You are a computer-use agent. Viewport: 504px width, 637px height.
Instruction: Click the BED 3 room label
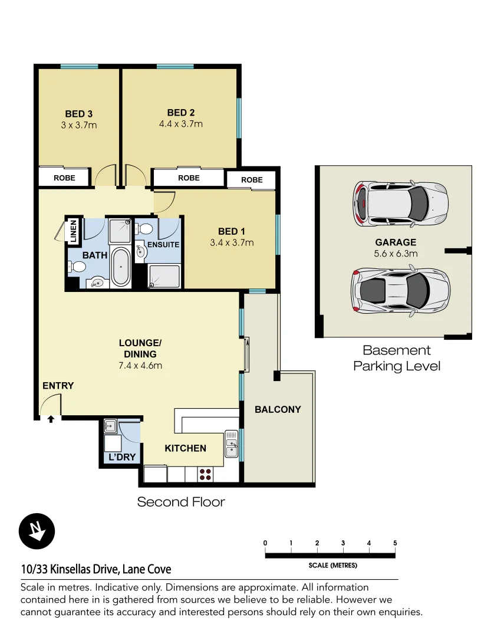[x=78, y=114]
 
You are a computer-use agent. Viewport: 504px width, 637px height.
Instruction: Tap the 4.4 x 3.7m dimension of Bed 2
[x=180, y=124]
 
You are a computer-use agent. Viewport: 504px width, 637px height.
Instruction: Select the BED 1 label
[x=232, y=231]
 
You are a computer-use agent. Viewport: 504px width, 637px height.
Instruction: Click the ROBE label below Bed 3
[x=64, y=177]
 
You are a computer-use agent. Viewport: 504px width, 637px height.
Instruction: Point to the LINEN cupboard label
[x=73, y=231]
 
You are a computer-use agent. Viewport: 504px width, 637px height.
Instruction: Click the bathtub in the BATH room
[x=121, y=267]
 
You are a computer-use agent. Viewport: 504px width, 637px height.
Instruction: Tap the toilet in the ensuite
[x=146, y=228]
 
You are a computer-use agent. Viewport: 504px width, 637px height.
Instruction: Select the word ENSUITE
[x=163, y=244]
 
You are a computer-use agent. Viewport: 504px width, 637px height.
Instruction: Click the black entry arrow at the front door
[x=51, y=419]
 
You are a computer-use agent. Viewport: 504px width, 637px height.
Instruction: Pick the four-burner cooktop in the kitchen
[x=206, y=474]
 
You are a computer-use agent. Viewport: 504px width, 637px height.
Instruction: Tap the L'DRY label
[x=123, y=457]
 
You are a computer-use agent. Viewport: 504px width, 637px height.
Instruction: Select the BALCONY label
[x=278, y=409]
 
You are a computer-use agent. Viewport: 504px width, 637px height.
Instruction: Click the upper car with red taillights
[x=400, y=203]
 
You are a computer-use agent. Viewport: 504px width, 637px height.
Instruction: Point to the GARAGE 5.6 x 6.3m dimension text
[x=396, y=254]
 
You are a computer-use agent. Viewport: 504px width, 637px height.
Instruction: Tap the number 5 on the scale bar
[x=394, y=543]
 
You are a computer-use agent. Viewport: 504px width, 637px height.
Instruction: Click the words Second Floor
[x=181, y=502]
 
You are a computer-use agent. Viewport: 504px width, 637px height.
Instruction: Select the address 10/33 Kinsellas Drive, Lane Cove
[x=96, y=569]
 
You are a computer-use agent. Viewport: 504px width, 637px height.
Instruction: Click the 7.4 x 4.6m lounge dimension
[x=140, y=365]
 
